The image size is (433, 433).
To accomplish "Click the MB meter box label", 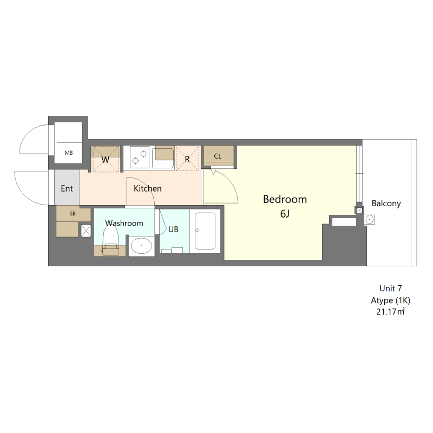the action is (69, 153).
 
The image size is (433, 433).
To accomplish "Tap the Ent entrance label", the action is (67, 188).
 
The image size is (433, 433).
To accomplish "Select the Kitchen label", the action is (147, 188).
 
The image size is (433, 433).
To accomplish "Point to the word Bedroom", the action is (285, 199).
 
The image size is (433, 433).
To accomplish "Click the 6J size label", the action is (285, 214).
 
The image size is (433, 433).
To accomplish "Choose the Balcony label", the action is (386, 204).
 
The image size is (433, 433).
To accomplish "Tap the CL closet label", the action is (218, 156).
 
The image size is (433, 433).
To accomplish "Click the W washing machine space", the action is (106, 159).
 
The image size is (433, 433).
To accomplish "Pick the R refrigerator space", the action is (187, 159).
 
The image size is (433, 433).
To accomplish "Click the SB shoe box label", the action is (73, 213).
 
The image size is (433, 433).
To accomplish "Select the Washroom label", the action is (124, 223).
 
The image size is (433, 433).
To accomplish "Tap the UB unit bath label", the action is (173, 229).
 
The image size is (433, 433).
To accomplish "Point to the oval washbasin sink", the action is (141, 246).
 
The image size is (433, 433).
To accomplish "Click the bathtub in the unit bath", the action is (205, 231).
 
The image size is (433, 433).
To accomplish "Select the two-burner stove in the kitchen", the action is (140, 158).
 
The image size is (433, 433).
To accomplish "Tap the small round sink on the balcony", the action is (370, 220).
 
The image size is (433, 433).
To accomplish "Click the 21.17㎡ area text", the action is (390, 312).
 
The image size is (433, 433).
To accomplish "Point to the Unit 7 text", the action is (390, 288).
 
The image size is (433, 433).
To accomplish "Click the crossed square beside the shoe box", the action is (86, 231).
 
